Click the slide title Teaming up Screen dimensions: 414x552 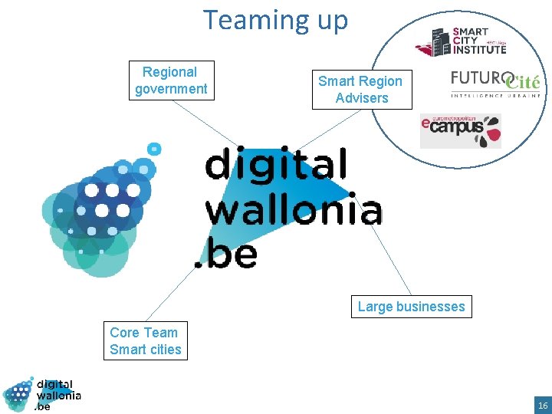(x=275, y=19)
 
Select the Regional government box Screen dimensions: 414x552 (x=171, y=80)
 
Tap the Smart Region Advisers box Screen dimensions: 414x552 (x=361, y=90)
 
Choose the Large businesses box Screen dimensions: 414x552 (x=411, y=307)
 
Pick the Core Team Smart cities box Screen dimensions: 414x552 (x=145, y=341)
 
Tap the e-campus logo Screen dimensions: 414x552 (x=460, y=130)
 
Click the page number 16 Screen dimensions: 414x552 (x=543, y=404)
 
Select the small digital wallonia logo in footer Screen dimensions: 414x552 (x=42, y=394)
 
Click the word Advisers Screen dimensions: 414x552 (x=362, y=98)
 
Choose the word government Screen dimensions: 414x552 (x=171, y=89)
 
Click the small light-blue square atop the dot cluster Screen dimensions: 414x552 (x=154, y=148)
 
